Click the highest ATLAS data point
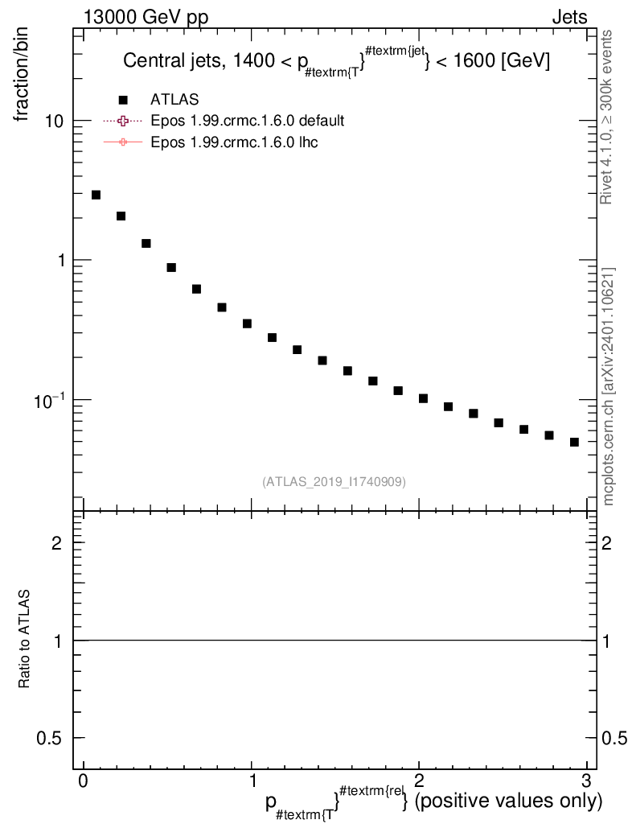click(x=96, y=195)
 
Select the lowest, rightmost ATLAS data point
click(x=574, y=442)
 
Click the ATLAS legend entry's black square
click(x=123, y=99)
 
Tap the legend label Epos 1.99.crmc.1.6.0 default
click(x=248, y=121)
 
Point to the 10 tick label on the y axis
click(x=54, y=121)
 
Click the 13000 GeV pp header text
click(x=146, y=17)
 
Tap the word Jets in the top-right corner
click(x=568, y=17)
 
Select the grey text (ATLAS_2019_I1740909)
click(x=334, y=482)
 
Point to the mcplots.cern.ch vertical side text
click(x=609, y=386)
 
